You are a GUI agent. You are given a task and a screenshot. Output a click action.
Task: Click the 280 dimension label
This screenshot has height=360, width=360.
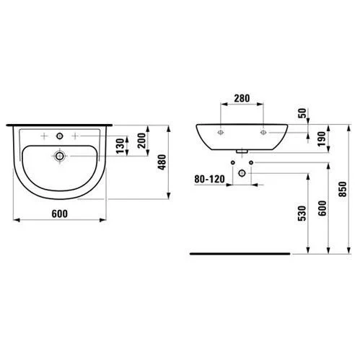tap(242, 98)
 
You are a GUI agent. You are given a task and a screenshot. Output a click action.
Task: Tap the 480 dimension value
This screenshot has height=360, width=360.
tap(162, 162)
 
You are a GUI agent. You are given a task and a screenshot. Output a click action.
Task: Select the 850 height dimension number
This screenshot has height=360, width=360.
tap(343, 189)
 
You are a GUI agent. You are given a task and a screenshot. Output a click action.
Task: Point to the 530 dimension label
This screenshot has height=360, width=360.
tap(302, 213)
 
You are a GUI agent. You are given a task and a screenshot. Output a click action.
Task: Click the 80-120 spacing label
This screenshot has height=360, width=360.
tap(209, 179)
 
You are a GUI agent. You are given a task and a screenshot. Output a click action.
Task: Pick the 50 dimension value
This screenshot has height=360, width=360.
tap(302, 113)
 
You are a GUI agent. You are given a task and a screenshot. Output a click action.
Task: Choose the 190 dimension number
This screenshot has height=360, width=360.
tap(322, 139)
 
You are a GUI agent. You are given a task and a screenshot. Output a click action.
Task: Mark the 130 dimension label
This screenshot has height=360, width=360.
tap(120, 146)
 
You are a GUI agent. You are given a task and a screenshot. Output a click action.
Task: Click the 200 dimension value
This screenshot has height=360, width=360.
tap(141, 141)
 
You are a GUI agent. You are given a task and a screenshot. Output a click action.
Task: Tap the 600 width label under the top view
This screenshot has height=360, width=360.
tap(60, 214)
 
